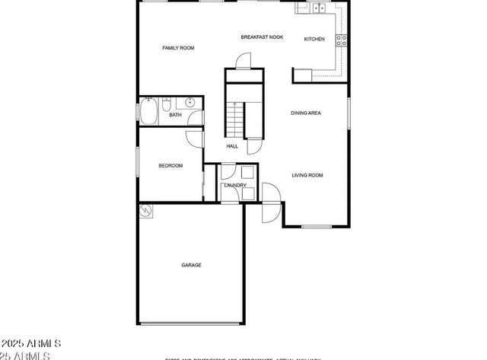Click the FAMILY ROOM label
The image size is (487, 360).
pyautogui.click(x=178, y=48)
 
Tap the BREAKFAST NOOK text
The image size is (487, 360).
pyautogui.click(x=262, y=37)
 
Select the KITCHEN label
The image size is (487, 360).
pyautogui.click(x=314, y=39)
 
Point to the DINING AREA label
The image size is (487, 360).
pyautogui.click(x=306, y=113)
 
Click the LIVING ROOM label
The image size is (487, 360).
pyautogui.click(x=307, y=175)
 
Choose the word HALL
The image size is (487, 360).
pyautogui.click(x=232, y=146)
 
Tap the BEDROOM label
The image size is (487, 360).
pyautogui.click(x=170, y=166)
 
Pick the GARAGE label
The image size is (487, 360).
pyautogui.click(x=191, y=265)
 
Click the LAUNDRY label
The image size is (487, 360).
pyautogui.click(x=234, y=185)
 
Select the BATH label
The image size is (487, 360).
pyautogui.click(x=175, y=115)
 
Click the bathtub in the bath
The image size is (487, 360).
pyautogui.click(x=148, y=111)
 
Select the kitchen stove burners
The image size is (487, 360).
pyautogui.click(x=342, y=40)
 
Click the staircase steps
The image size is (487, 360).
pyautogui.click(x=236, y=118)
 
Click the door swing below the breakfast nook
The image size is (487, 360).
pyautogui.click(x=243, y=61)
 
